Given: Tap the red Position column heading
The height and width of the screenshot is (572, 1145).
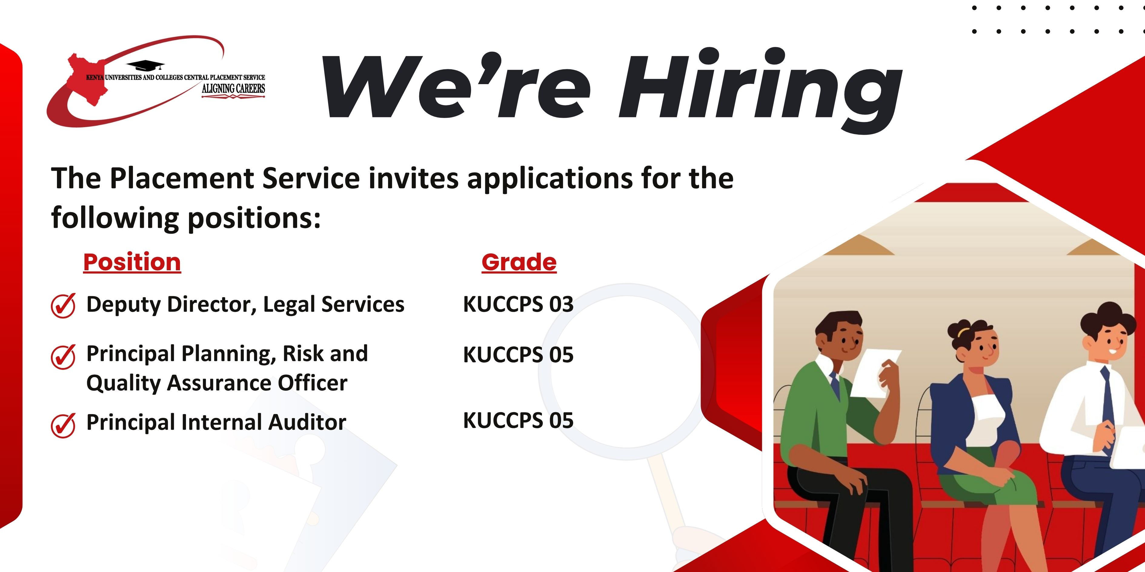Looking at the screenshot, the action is (x=132, y=262).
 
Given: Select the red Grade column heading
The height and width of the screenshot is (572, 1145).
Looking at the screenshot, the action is (x=519, y=262).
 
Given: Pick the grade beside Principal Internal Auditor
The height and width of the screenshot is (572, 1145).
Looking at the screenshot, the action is (x=518, y=421).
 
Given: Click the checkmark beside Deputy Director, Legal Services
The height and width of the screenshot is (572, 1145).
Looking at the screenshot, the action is (x=63, y=306).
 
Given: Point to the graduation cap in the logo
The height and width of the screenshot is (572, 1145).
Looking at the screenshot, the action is (x=146, y=66).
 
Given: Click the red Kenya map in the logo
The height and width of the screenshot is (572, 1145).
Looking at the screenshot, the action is (x=87, y=79).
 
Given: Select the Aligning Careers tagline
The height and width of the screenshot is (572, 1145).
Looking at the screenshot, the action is (x=233, y=89).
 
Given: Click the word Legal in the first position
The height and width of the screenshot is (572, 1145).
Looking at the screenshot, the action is (x=289, y=305).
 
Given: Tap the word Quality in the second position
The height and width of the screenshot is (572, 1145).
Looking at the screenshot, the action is (x=123, y=383).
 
